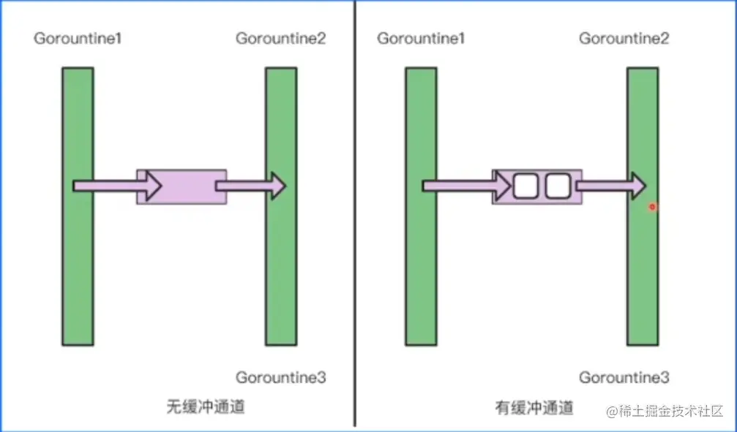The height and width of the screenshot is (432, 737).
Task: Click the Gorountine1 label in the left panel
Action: pyautogui.click(x=77, y=38)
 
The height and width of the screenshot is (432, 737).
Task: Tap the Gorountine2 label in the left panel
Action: pyautogui.click(x=280, y=38)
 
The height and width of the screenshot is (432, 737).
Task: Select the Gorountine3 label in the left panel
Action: pyautogui.click(x=280, y=378)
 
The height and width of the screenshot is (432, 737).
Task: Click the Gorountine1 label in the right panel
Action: pyautogui.click(x=421, y=38)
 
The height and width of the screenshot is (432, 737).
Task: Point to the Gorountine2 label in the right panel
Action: pyautogui.click(x=624, y=38)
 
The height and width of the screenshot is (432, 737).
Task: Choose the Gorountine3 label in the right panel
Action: pyautogui.click(x=624, y=378)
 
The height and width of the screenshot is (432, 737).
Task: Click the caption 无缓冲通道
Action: pyautogui.click(x=206, y=407)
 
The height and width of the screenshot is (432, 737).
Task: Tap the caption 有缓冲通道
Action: pyautogui.click(x=534, y=407)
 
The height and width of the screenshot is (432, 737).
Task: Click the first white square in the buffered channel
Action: pyautogui.click(x=525, y=186)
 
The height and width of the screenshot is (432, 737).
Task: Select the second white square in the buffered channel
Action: pyautogui.click(x=558, y=186)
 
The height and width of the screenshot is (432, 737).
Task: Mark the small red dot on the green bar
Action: pyautogui.click(x=652, y=207)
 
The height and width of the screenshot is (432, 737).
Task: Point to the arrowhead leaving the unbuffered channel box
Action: pyautogui.click(x=277, y=186)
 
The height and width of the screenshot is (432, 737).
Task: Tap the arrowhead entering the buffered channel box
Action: pyautogui.click(x=503, y=186)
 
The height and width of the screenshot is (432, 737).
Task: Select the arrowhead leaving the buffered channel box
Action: pyautogui.click(x=637, y=186)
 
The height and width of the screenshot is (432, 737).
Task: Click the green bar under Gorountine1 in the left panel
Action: pyautogui.click(x=78, y=278)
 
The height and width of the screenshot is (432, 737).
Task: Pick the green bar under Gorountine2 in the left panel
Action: pyautogui.click(x=281, y=278)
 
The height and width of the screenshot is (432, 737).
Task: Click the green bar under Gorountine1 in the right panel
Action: pyautogui.click(x=421, y=278)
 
